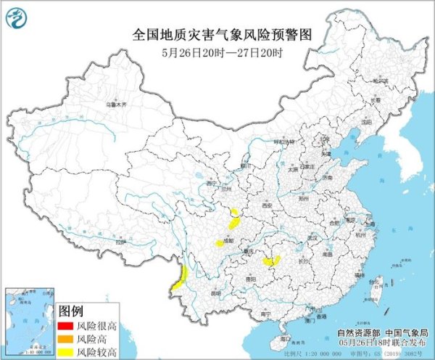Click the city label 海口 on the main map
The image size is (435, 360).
[285, 339]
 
